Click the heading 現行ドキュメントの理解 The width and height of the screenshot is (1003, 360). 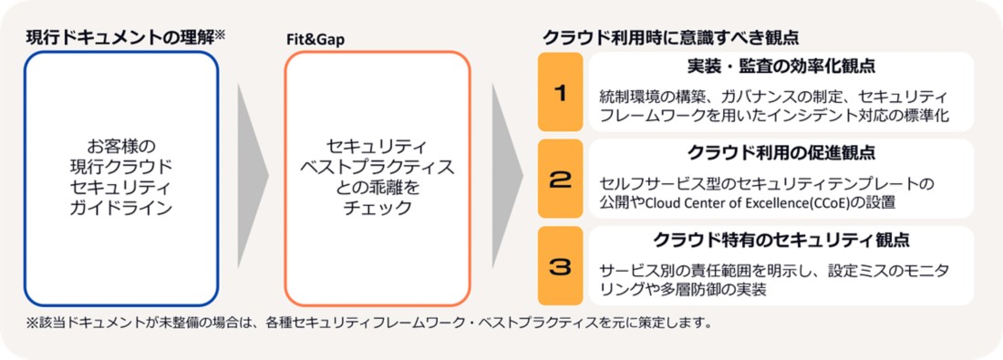119,37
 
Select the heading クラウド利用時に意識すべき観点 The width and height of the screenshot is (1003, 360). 671,37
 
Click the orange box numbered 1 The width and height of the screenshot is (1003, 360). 561,92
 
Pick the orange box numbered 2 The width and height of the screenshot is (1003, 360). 561,179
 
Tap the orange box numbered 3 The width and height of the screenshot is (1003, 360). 561,265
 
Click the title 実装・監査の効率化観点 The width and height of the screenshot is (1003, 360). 781,66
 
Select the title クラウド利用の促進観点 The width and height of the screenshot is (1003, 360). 781,153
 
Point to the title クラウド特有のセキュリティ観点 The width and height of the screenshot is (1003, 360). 781,240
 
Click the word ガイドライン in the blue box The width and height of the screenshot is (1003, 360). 121,208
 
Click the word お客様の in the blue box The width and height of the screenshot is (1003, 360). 121,145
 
